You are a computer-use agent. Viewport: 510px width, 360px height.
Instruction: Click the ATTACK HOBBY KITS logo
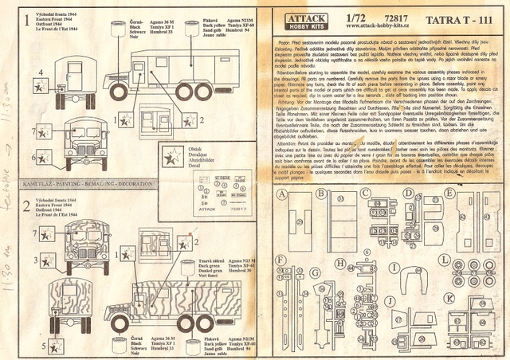pos(296,18)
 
